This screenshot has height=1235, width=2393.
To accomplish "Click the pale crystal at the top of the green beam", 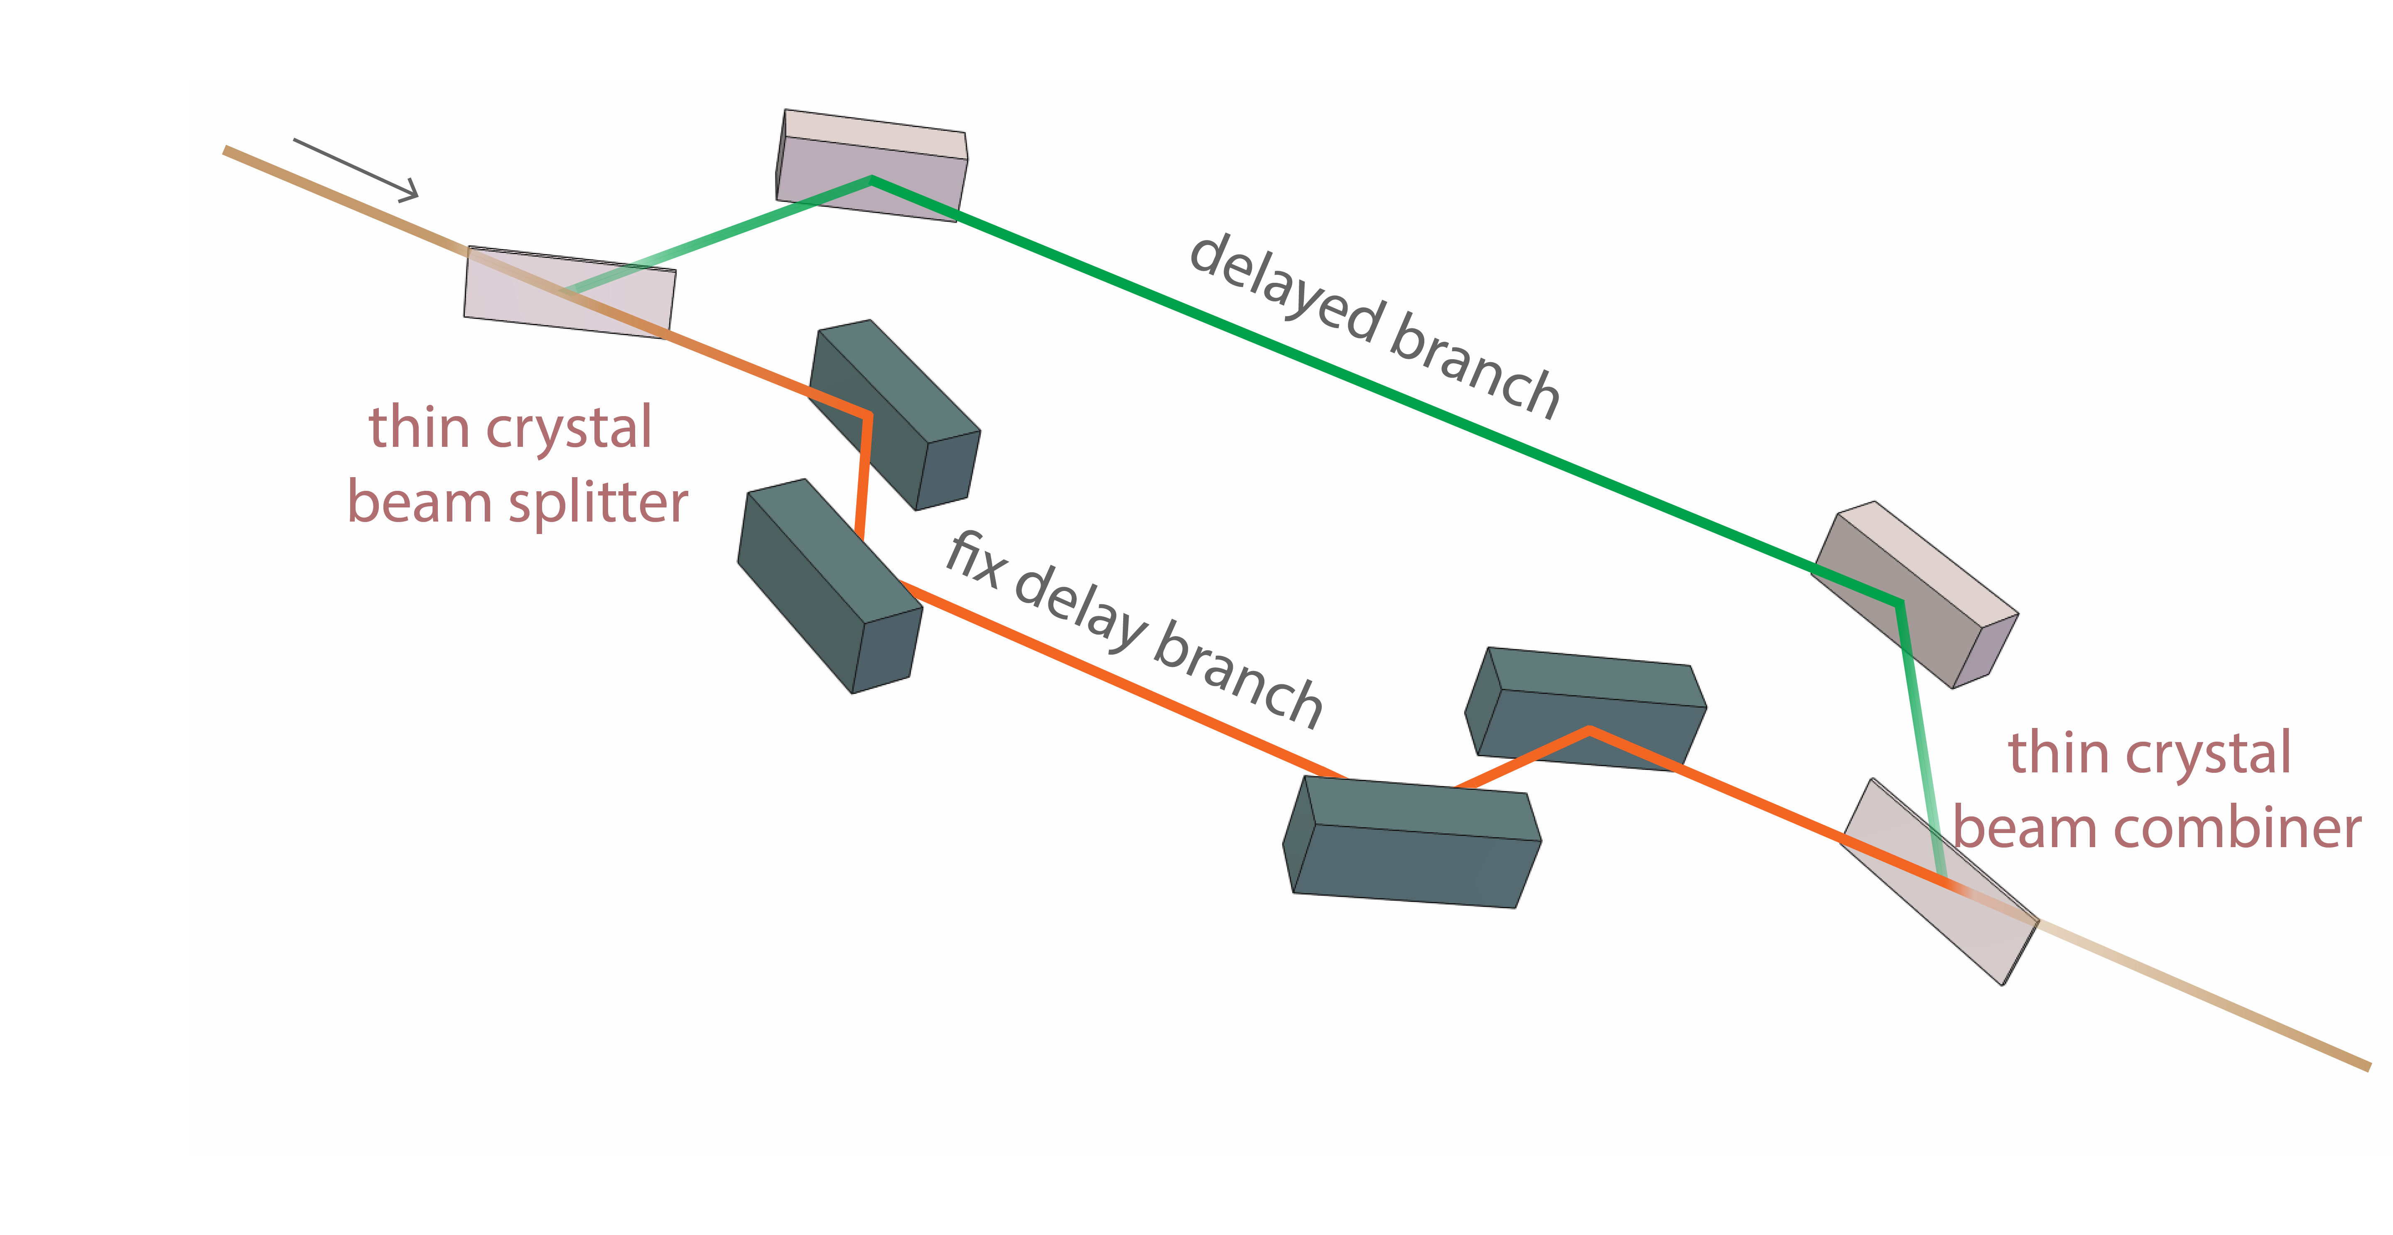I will pos(871,165).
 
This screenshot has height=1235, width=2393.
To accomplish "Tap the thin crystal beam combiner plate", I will pos(1941,882).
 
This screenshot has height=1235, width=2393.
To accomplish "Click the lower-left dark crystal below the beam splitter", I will pos(827,585).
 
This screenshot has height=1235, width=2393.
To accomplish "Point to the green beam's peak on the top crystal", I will pos(871,179).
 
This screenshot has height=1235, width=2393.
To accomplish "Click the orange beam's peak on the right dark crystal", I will pos(1590,731).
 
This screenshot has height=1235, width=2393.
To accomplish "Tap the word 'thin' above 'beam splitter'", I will pos(418,429).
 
